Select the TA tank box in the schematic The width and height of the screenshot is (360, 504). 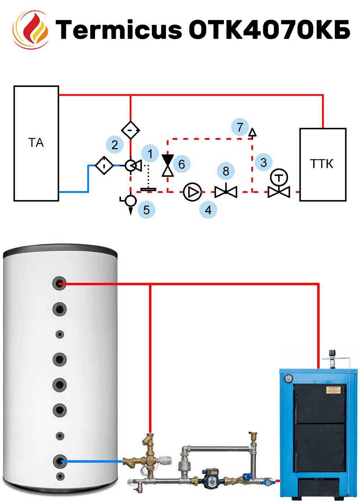[x=36, y=143]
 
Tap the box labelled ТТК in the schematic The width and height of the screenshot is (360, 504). [x=323, y=164]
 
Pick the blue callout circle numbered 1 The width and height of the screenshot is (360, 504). [x=150, y=154]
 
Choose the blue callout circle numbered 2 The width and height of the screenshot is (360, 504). [x=115, y=145]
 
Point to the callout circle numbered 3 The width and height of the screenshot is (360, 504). [x=264, y=162]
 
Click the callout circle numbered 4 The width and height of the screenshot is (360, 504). [x=208, y=210]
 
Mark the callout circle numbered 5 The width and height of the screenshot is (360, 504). [x=146, y=210]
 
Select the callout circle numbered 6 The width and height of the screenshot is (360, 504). [x=181, y=164]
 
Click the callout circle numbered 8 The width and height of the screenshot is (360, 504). [x=226, y=171]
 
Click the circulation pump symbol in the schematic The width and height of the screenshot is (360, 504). [x=193, y=192]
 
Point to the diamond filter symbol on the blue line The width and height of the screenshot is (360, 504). [x=104, y=166]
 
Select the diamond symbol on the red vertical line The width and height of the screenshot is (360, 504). [x=130, y=130]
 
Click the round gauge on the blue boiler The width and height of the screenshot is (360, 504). [x=288, y=378]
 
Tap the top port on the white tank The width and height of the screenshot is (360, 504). [x=59, y=284]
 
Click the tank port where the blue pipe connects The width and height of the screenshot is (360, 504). [x=59, y=461]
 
